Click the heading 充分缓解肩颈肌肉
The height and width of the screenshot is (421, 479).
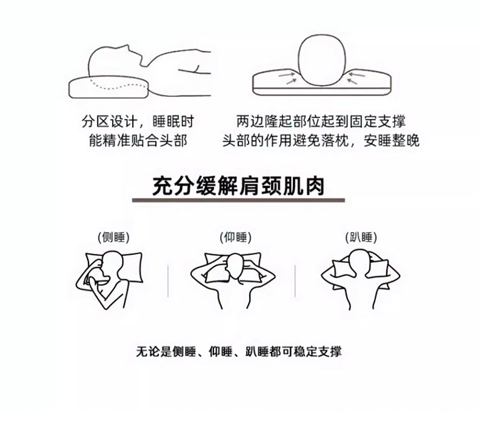(238, 186)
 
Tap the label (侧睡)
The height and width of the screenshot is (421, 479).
(113, 237)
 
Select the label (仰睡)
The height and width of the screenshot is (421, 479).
(235, 237)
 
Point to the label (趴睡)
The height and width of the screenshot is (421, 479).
(361, 237)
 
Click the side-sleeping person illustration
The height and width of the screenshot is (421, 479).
(110, 279)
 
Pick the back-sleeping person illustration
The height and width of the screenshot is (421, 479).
(233, 280)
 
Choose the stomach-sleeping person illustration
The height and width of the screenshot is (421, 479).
(361, 279)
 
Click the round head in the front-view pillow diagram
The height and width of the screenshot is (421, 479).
(322, 61)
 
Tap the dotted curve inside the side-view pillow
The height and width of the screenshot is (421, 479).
(117, 85)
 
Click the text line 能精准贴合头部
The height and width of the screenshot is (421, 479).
(138, 141)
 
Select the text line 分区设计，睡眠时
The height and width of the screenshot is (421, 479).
(138, 122)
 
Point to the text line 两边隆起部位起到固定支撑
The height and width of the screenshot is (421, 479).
(321, 121)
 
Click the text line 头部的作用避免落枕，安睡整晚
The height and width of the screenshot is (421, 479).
(321, 141)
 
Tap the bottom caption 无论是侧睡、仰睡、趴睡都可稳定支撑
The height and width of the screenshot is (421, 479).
(238, 352)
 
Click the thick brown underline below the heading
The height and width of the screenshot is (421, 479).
(238, 201)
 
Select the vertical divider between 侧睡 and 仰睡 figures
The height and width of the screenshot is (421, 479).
(168, 281)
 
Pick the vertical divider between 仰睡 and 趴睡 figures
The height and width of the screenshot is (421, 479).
(295, 281)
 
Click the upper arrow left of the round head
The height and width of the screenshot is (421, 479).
(287, 74)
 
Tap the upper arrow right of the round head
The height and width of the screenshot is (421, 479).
(357, 74)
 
